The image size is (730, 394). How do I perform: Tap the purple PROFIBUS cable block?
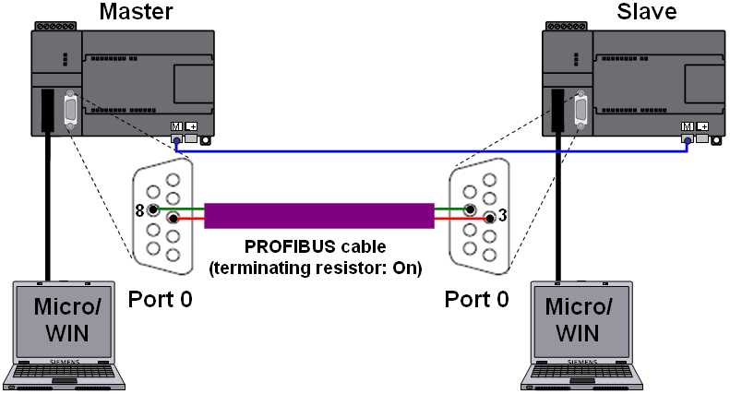pos(318,215)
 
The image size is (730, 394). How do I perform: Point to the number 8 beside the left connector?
pos(140,210)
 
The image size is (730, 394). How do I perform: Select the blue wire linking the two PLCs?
pos(434,149)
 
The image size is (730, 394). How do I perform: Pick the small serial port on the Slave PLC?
pos(580,108)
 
